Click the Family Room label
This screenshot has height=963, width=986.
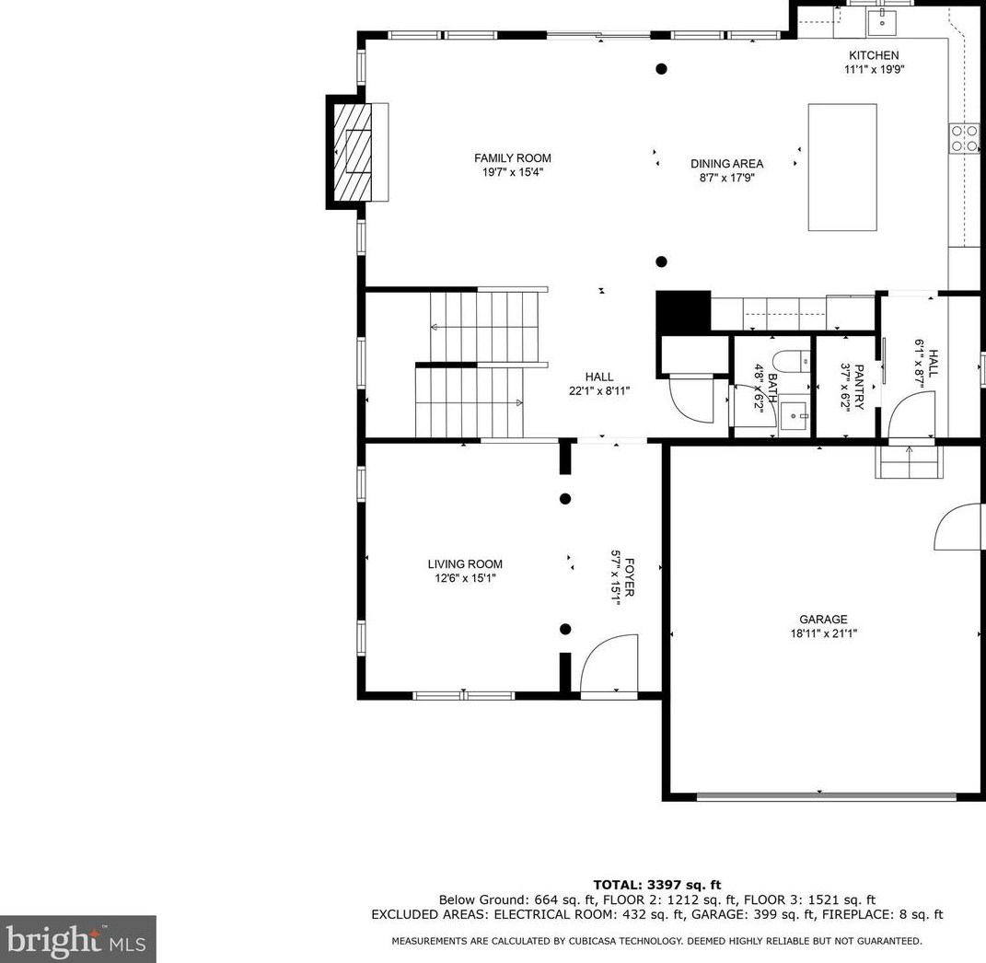pyautogui.click(x=513, y=158)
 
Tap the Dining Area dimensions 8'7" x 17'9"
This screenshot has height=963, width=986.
pyautogui.click(x=726, y=179)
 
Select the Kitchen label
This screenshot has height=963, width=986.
pyautogui.click(x=873, y=55)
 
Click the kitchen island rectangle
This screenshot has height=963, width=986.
pyautogui.click(x=841, y=167)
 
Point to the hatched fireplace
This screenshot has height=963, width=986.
pyautogui.click(x=351, y=151)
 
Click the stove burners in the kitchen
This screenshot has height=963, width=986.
pyautogui.click(x=964, y=138)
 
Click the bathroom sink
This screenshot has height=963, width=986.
pyautogui.click(x=795, y=416)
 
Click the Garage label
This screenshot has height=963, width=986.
pyautogui.click(x=823, y=620)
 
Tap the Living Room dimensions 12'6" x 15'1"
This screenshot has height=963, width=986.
pyautogui.click(x=465, y=579)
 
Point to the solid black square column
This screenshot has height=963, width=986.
pyautogui.click(x=682, y=311)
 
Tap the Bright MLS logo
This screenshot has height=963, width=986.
pyautogui.click(x=77, y=939)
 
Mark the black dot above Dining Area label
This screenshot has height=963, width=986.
pyautogui.click(x=661, y=69)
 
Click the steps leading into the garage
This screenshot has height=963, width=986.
pyautogui.click(x=909, y=462)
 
